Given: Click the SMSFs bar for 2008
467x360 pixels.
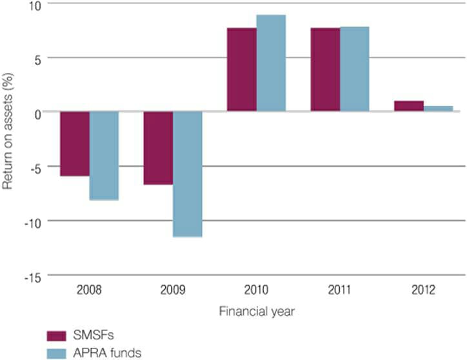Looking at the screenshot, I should [75, 143].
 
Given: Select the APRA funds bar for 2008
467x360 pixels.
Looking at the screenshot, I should [104, 155].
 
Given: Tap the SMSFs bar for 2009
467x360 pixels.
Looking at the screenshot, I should [158, 148].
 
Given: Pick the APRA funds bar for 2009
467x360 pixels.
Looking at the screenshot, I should [188, 174].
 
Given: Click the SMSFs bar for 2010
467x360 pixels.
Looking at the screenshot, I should [242, 70].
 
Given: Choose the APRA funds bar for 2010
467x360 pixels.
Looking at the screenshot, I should [271, 63].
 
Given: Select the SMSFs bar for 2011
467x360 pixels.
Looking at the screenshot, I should [325, 70].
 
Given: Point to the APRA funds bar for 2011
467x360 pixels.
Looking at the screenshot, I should [354, 69].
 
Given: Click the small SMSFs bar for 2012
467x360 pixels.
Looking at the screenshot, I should [409, 106].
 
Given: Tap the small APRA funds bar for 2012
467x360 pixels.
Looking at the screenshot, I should [438, 109].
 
